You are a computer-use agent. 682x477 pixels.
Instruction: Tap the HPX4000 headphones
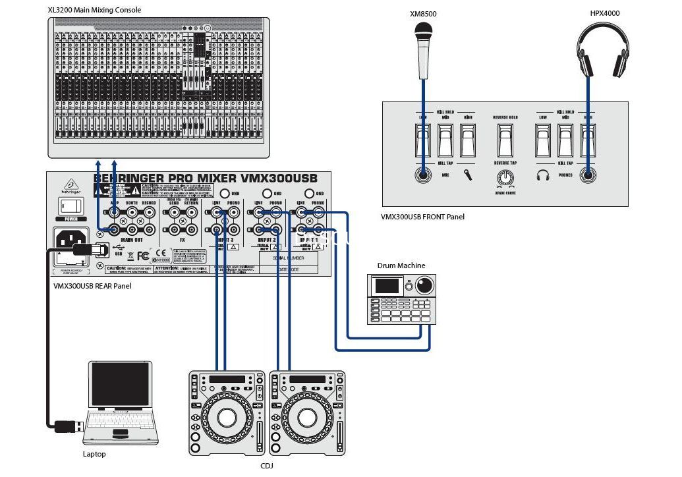(603, 50)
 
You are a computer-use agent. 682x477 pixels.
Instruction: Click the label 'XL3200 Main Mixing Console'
(94, 10)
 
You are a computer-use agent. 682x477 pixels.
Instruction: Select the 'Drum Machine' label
(401, 266)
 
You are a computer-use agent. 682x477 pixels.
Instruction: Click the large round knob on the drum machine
(424, 286)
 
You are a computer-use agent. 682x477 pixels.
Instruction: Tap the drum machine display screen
(387, 286)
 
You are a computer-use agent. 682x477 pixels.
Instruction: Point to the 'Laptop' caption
(94, 454)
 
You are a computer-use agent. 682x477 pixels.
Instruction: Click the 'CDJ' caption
(267, 466)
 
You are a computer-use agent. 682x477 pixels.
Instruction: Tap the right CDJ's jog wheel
(307, 416)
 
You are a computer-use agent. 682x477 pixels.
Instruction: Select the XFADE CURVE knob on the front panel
(505, 177)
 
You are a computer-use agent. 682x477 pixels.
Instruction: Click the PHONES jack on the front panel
(587, 175)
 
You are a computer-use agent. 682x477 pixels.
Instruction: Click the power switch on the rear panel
(70, 203)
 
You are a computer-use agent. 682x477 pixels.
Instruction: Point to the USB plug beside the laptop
(66, 426)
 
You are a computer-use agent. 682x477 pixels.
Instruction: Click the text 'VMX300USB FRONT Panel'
(423, 216)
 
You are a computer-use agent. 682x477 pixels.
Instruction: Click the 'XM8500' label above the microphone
(423, 13)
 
